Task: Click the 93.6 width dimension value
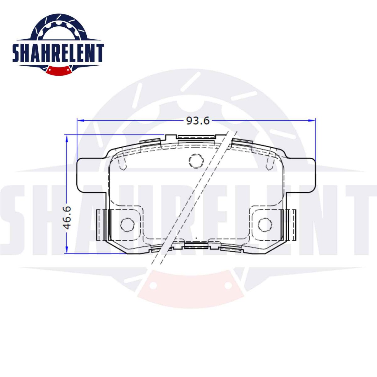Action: tap(198, 121)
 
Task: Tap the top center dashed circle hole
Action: tap(196, 161)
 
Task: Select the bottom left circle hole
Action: tap(128, 225)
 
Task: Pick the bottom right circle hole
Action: tap(265, 225)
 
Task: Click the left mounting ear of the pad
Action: tap(92, 175)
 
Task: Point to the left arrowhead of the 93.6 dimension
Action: tap(81, 121)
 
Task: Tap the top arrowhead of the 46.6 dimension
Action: tap(67, 138)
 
